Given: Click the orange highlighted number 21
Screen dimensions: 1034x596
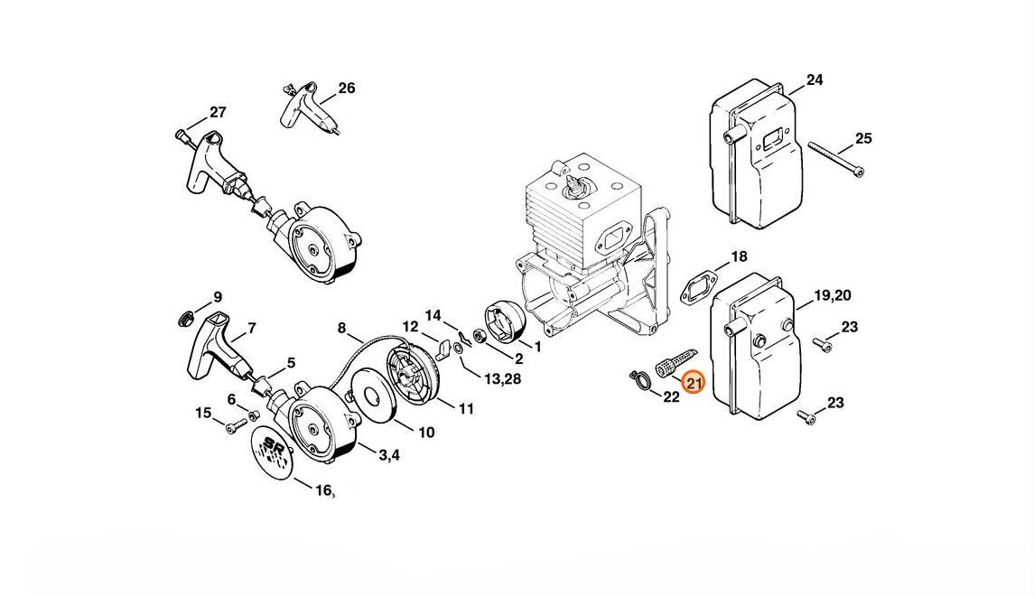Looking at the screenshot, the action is click(x=694, y=383).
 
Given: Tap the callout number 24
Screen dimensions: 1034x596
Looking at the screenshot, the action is click(x=815, y=79).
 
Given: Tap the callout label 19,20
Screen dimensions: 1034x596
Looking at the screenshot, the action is click(x=833, y=295).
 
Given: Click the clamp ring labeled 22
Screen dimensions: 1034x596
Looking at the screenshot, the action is click(x=639, y=380).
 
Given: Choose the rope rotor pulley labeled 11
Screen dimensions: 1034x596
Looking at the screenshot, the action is click(x=411, y=375).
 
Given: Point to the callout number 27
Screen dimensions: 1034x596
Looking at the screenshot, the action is click(x=219, y=113).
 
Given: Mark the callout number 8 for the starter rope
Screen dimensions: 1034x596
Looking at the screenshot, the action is click(x=341, y=328).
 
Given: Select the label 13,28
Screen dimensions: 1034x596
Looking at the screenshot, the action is click(x=502, y=379).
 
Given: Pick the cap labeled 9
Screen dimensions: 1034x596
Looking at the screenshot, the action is click(x=187, y=319).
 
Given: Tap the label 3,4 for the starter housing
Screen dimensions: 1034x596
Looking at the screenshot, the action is click(x=388, y=455).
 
